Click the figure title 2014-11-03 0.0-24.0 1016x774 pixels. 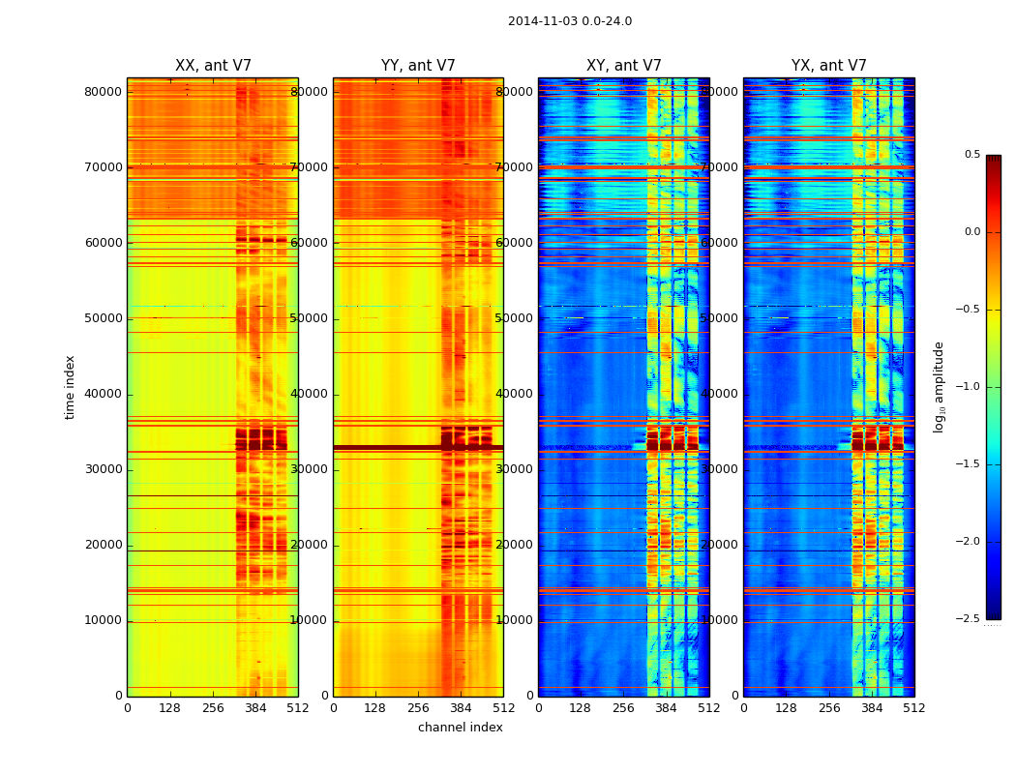569,21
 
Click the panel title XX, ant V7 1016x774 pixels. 213,66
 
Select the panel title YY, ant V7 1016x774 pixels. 418,66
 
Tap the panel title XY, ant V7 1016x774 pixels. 624,66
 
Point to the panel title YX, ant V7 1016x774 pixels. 829,66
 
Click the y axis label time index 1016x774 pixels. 70,387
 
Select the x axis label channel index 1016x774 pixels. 461,728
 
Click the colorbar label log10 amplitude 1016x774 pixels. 939,387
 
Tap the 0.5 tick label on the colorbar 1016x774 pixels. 971,155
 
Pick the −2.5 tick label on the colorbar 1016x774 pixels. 969,619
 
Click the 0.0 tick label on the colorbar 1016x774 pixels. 971,232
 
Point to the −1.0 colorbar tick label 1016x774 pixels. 969,387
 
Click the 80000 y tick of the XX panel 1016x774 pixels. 104,92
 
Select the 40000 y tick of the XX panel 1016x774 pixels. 104,394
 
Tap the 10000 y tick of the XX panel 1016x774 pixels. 104,620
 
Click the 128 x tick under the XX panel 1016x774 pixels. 170,708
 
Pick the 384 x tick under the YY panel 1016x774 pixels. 461,708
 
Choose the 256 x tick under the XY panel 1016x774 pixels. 624,708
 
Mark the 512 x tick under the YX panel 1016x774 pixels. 914,708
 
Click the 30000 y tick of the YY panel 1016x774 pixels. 310,469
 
